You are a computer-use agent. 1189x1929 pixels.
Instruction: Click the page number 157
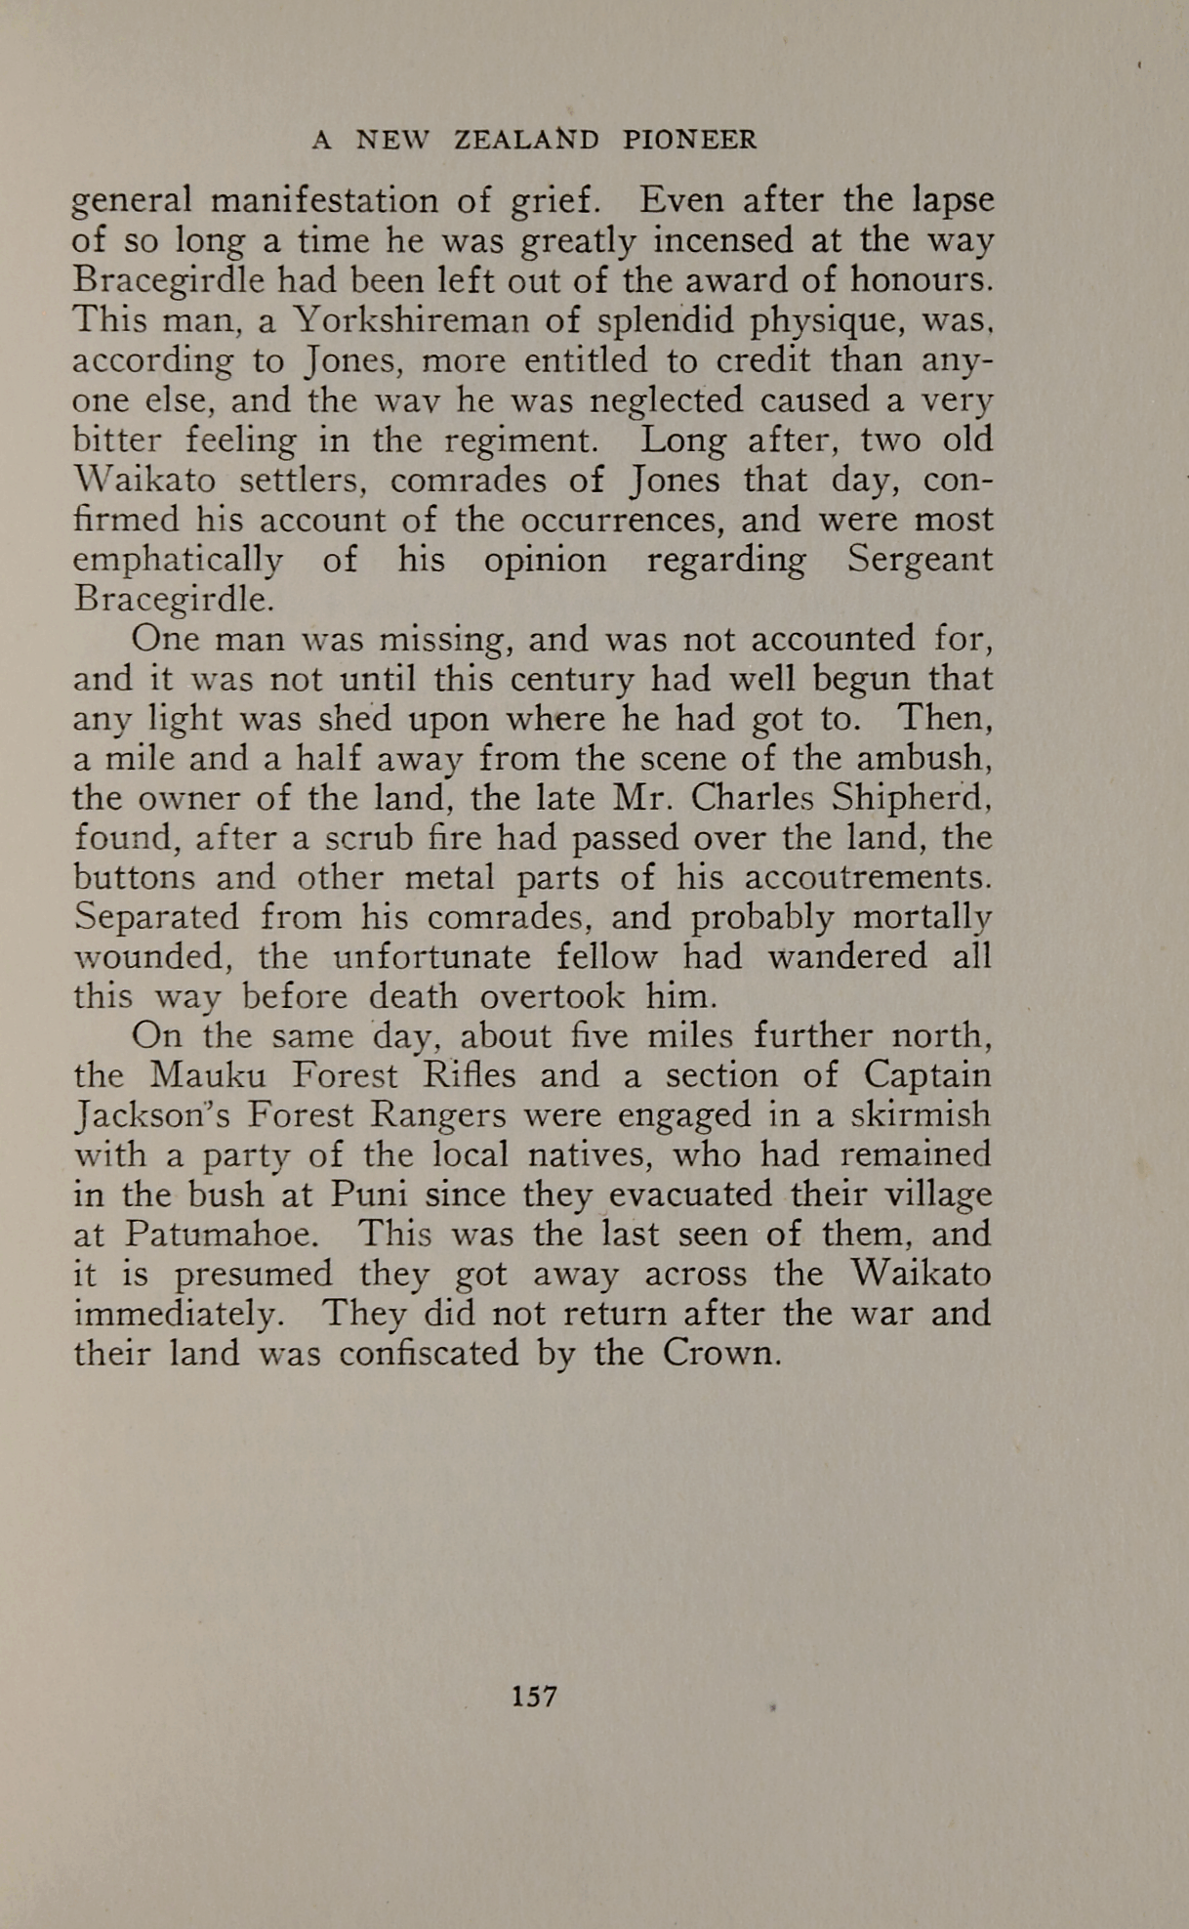pyautogui.click(x=534, y=1696)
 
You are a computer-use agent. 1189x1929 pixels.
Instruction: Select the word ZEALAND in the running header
pyautogui.click(x=527, y=141)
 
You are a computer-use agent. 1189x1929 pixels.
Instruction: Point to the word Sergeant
pyautogui.click(x=920, y=561)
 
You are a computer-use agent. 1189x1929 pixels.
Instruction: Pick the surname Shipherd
pyautogui.click(x=912, y=798)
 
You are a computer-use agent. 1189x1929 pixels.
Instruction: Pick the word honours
pyautogui.click(x=922, y=281)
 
